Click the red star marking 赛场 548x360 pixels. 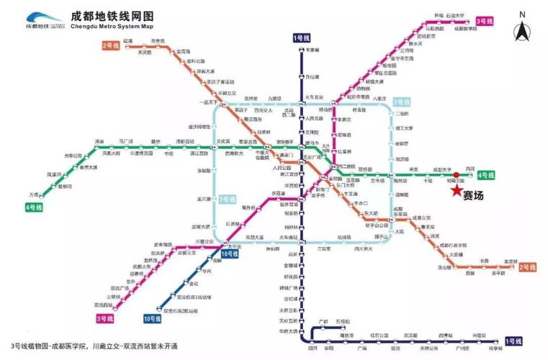pos(455,192)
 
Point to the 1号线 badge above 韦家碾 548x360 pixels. pos(301,37)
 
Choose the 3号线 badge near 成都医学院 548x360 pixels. pos(485,22)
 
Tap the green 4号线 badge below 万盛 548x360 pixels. pos(33,207)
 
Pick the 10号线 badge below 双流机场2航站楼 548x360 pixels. pos(153,318)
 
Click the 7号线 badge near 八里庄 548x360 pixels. pos(401,102)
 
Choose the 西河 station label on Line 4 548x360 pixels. pos(470,168)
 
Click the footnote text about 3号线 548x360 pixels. pos(94,346)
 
